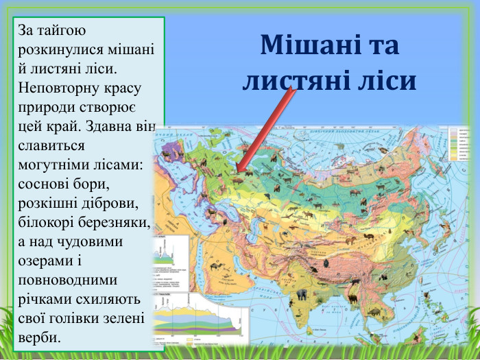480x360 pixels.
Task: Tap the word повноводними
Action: (x=68, y=280)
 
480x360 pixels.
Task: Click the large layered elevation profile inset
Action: (x=199, y=320)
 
